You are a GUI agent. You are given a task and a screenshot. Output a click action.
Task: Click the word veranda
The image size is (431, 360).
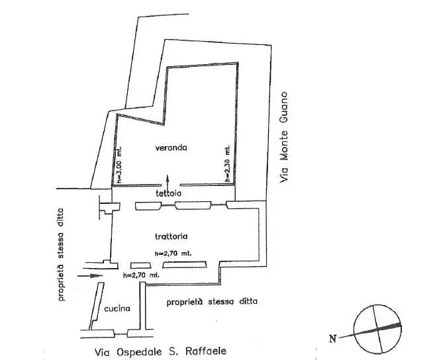point(171,148)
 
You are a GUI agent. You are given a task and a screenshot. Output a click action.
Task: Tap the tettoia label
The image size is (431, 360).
point(169,193)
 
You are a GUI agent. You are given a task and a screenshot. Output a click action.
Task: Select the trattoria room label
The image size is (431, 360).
point(171,236)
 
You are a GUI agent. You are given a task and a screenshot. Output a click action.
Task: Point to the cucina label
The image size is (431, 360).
point(117,308)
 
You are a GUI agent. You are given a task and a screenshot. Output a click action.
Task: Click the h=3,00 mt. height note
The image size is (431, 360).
point(119,165)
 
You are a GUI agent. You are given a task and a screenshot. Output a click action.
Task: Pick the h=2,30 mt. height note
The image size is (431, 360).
point(227,164)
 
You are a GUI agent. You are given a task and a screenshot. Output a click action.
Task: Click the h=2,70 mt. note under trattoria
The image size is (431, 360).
point(173,253)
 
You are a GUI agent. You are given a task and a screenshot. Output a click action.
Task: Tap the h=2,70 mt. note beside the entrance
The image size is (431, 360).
point(141,275)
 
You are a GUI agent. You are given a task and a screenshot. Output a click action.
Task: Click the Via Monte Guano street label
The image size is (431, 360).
point(283,137)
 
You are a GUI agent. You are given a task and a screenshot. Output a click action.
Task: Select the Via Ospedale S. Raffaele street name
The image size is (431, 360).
point(160,352)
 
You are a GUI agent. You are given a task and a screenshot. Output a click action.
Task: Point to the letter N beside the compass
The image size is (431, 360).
point(332,339)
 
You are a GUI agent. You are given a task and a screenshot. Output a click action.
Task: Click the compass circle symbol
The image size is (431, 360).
point(377,329)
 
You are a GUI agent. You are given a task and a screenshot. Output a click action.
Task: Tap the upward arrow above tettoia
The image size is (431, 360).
point(168,181)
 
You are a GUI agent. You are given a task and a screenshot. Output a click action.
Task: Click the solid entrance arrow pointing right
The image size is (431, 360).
point(90,276)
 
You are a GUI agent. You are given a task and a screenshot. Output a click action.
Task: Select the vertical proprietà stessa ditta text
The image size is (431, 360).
point(61,254)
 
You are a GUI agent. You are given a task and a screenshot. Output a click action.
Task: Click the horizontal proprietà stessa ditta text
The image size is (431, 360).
point(212,302)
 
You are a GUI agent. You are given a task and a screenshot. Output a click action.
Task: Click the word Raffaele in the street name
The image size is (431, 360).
point(206,351)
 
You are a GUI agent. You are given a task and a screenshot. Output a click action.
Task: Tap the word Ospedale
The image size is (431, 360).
point(138,352)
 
